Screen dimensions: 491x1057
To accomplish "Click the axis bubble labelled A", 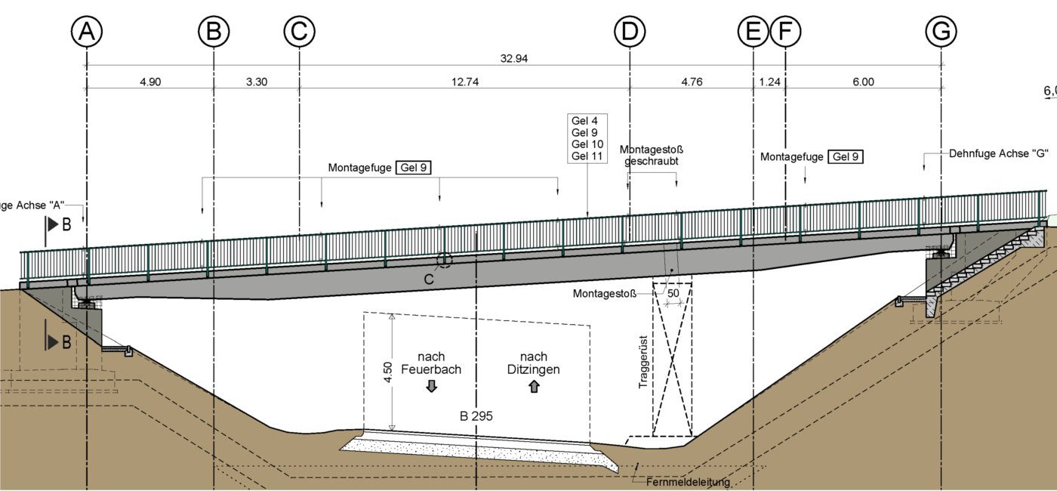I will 88,32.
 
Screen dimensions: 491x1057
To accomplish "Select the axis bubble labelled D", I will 630,32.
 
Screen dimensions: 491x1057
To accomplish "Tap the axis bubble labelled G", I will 941,32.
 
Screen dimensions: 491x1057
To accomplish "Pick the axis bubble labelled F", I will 785,32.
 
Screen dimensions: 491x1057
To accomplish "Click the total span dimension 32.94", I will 513,58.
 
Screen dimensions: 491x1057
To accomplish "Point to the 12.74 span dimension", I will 464,82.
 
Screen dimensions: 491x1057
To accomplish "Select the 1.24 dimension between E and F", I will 769,82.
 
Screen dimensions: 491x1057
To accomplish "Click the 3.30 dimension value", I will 257,82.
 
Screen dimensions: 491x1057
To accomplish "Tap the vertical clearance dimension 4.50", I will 387,372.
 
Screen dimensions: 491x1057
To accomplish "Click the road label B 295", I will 476,416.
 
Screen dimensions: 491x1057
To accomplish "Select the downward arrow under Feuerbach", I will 432,387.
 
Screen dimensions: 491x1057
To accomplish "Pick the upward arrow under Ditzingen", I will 535,387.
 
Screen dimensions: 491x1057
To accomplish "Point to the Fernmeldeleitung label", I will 687,482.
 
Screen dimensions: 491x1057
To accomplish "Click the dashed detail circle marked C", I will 444,260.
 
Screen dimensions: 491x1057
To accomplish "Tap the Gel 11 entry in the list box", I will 587,156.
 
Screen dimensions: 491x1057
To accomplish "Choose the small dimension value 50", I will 672,292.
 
